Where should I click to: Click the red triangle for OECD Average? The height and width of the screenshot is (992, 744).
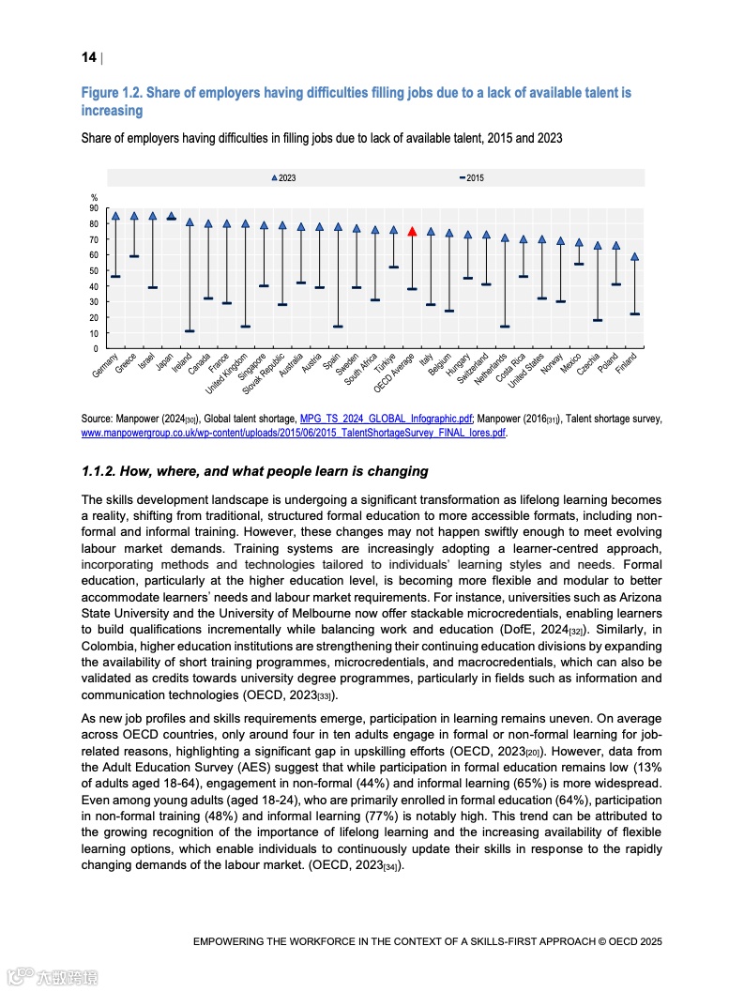click(412, 231)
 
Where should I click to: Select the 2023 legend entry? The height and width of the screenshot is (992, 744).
click(282, 177)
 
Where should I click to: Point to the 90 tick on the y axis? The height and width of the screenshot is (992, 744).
click(94, 208)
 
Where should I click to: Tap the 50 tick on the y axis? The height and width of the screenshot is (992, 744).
click(94, 271)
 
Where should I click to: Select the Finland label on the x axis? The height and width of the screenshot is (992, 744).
click(626, 363)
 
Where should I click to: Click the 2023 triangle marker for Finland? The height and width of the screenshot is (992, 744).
click(635, 256)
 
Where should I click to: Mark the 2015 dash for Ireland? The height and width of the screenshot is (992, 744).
click(190, 331)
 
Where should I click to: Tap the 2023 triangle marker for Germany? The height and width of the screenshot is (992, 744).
click(115, 216)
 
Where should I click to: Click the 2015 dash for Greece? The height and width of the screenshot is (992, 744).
click(134, 256)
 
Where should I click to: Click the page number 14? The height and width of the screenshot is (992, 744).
click(89, 58)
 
